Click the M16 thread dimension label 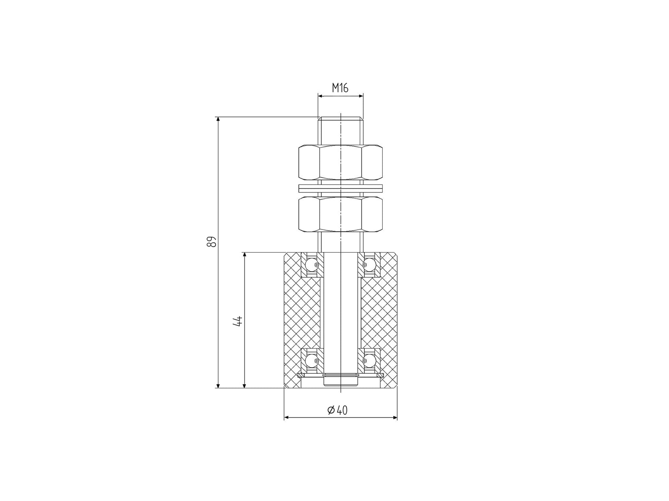[x=340, y=88]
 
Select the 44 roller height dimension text [x=238, y=321]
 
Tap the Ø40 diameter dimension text [x=338, y=410]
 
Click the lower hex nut [x=340, y=215]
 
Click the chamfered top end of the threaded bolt [x=340, y=118]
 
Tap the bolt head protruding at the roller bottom [x=340, y=382]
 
